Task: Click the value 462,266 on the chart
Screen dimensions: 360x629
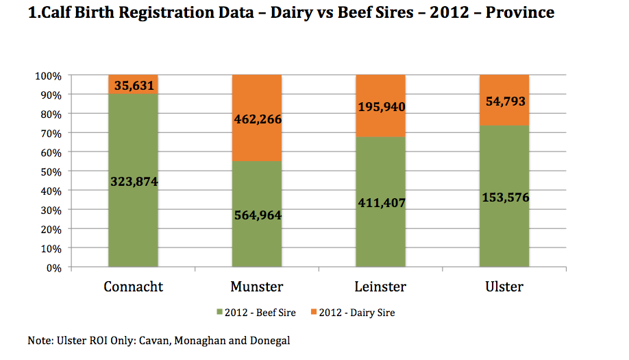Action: pos(257,119)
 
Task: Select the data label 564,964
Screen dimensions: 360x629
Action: pos(257,215)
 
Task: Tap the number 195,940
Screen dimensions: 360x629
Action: pos(380,107)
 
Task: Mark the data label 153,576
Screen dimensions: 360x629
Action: pos(504,197)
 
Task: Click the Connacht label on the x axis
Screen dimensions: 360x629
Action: pos(133,287)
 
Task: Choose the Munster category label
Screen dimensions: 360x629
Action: pos(257,287)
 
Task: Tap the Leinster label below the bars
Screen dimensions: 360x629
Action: pos(380,287)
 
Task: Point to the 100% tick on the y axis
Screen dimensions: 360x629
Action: pos(49,75)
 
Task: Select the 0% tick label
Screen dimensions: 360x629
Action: pos(54,267)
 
